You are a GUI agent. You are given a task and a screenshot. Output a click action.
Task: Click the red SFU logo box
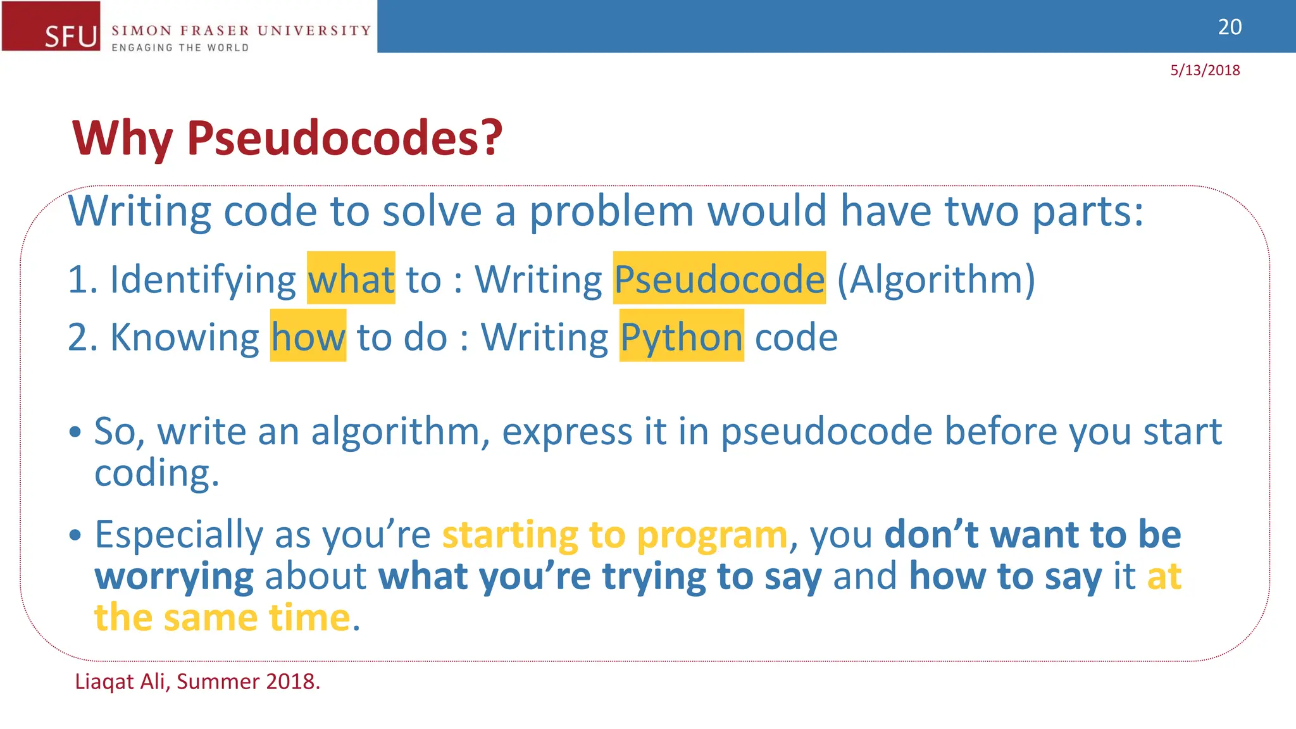click(x=51, y=26)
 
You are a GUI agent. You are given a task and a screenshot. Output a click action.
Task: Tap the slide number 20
click(x=1230, y=27)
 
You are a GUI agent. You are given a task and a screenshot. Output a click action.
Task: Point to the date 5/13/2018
click(x=1205, y=70)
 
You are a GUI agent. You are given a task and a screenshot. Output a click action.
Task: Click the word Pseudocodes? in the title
click(x=344, y=138)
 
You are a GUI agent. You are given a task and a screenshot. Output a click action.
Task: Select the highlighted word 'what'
click(x=351, y=279)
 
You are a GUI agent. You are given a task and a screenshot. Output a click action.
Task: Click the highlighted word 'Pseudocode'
click(x=720, y=279)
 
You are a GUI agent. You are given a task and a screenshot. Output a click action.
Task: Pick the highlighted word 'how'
click(x=308, y=337)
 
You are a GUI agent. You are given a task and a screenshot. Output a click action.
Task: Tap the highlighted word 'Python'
click(x=682, y=337)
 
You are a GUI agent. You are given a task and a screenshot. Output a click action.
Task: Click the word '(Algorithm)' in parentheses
click(x=936, y=279)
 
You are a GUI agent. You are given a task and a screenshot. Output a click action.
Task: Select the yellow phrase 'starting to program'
click(x=614, y=535)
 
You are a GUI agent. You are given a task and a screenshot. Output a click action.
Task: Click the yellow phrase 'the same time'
click(x=222, y=618)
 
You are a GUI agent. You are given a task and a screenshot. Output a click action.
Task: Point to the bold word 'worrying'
click(x=174, y=576)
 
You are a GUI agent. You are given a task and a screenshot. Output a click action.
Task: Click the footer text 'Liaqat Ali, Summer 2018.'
click(x=197, y=682)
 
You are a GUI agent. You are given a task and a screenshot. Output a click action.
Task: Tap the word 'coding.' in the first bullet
click(x=156, y=473)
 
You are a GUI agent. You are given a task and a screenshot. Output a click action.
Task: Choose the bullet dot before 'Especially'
click(x=76, y=535)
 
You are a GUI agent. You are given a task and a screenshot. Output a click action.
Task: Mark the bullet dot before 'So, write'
click(x=76, y=432)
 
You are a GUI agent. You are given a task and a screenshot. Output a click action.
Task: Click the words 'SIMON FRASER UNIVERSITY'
click(x=241, y=30)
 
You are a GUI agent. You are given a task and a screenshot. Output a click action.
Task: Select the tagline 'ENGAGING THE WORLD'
click(x=180, y=47)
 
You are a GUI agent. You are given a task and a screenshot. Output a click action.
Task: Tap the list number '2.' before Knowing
click(x=83, y=337)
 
